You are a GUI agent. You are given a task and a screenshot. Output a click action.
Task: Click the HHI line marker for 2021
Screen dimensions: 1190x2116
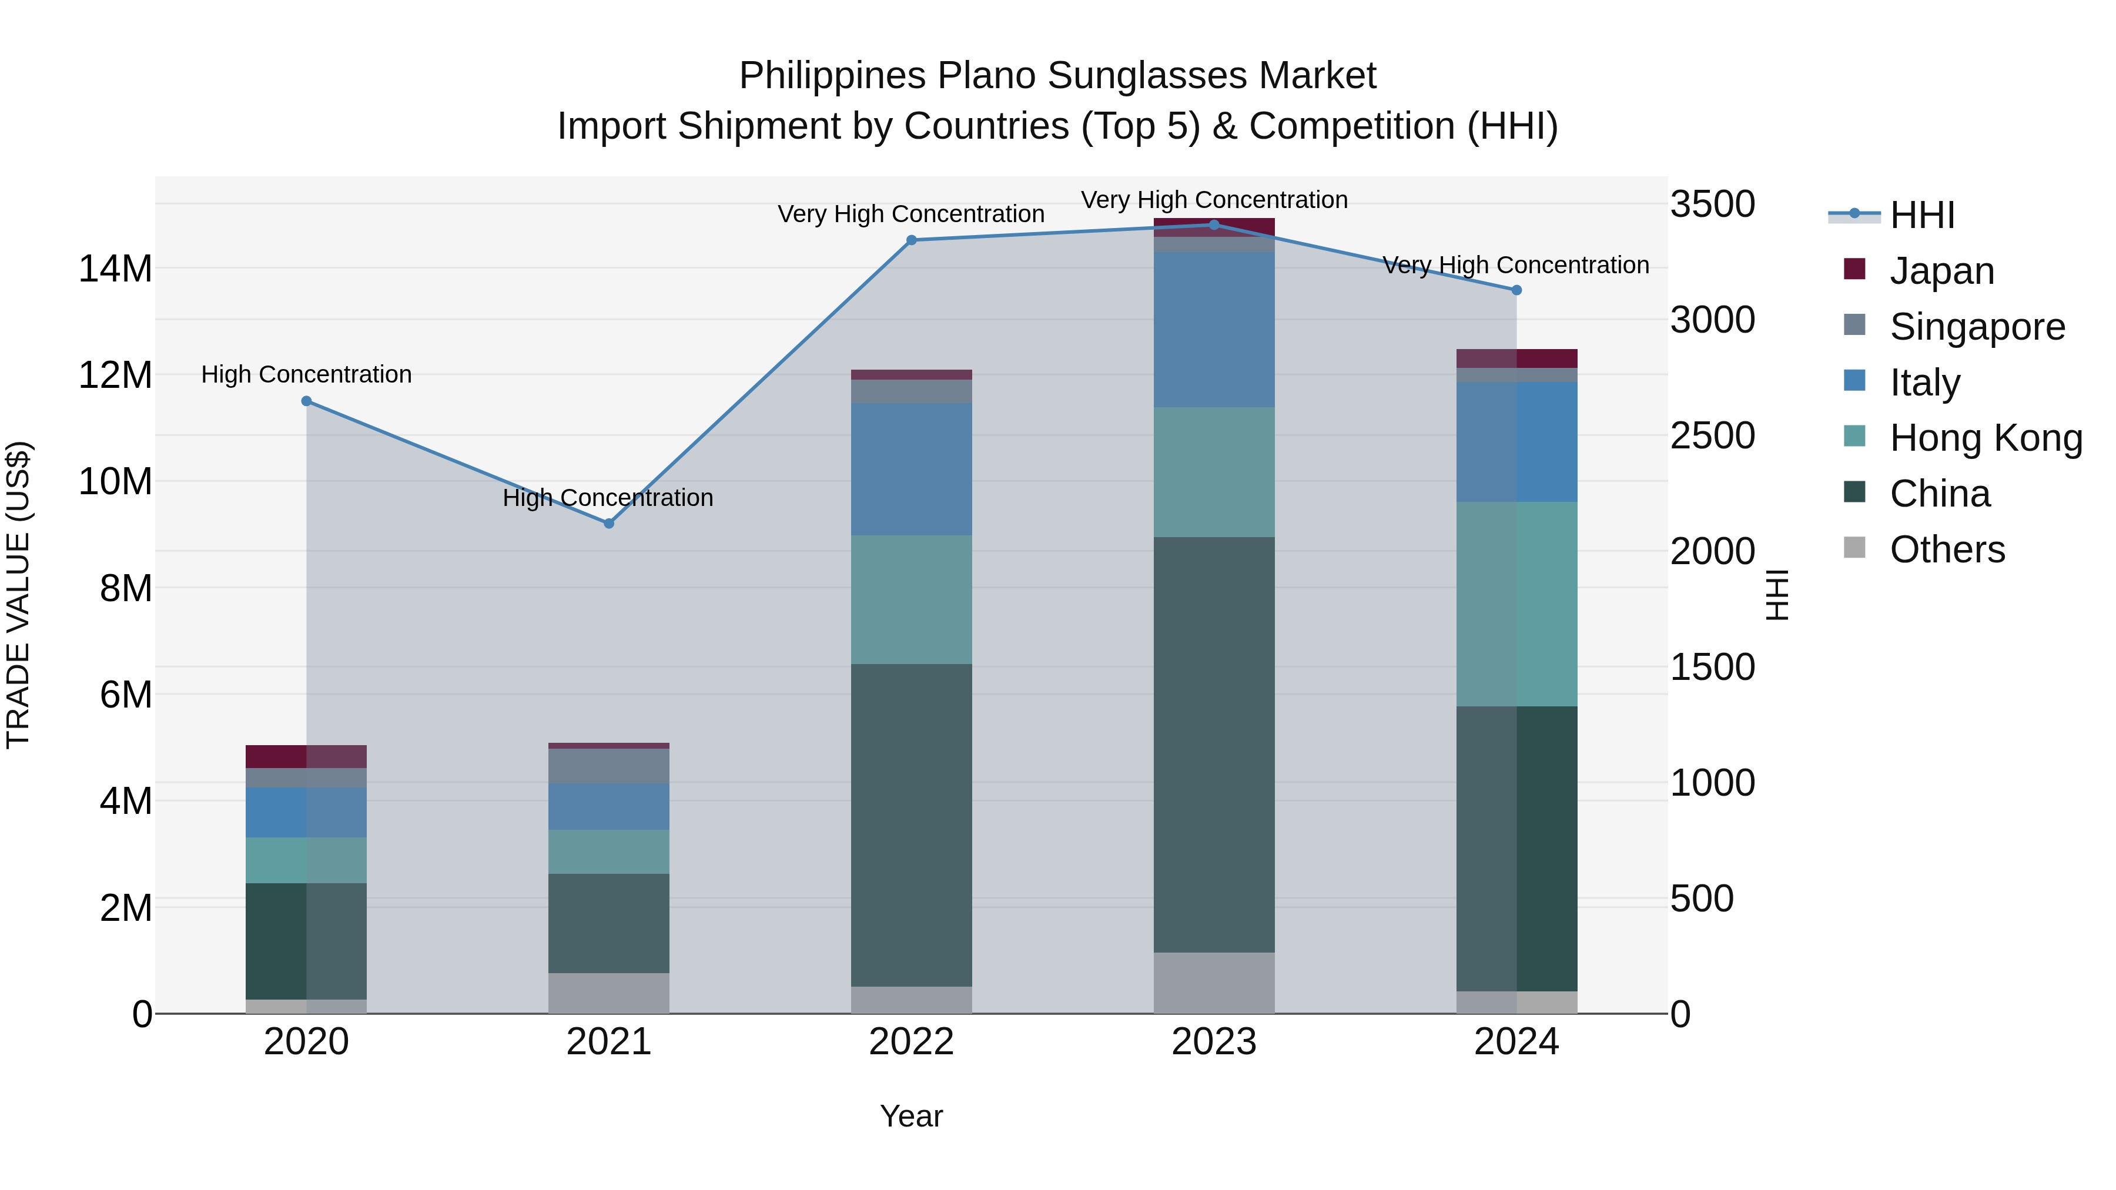coord(609,523)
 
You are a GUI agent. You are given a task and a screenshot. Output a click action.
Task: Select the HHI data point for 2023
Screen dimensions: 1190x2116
coord(1214,225)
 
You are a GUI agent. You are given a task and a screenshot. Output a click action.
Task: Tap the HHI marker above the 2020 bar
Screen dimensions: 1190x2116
coord(306,401)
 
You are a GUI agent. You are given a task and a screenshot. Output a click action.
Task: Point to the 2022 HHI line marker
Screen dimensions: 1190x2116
coord(911,240)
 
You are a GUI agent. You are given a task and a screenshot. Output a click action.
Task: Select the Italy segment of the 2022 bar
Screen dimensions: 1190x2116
coord(911,469)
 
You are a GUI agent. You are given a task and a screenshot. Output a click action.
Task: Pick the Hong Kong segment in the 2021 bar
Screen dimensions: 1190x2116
coord(609,852)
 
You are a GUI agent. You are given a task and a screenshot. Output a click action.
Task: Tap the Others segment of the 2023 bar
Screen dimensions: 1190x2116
coord(1214,982)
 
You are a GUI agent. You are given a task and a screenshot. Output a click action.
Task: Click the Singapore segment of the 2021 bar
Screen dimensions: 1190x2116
coord(609,765)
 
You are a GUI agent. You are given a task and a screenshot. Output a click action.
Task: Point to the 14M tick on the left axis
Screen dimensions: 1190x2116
coord(115,269)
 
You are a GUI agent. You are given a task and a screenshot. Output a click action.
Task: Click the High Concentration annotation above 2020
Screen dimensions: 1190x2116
coord(306,374)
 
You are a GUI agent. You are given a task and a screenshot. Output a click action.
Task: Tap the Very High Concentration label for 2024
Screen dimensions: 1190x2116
coord(1515,265)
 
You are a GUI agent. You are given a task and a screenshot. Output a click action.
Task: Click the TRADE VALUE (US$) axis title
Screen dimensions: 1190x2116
coord(18,595)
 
